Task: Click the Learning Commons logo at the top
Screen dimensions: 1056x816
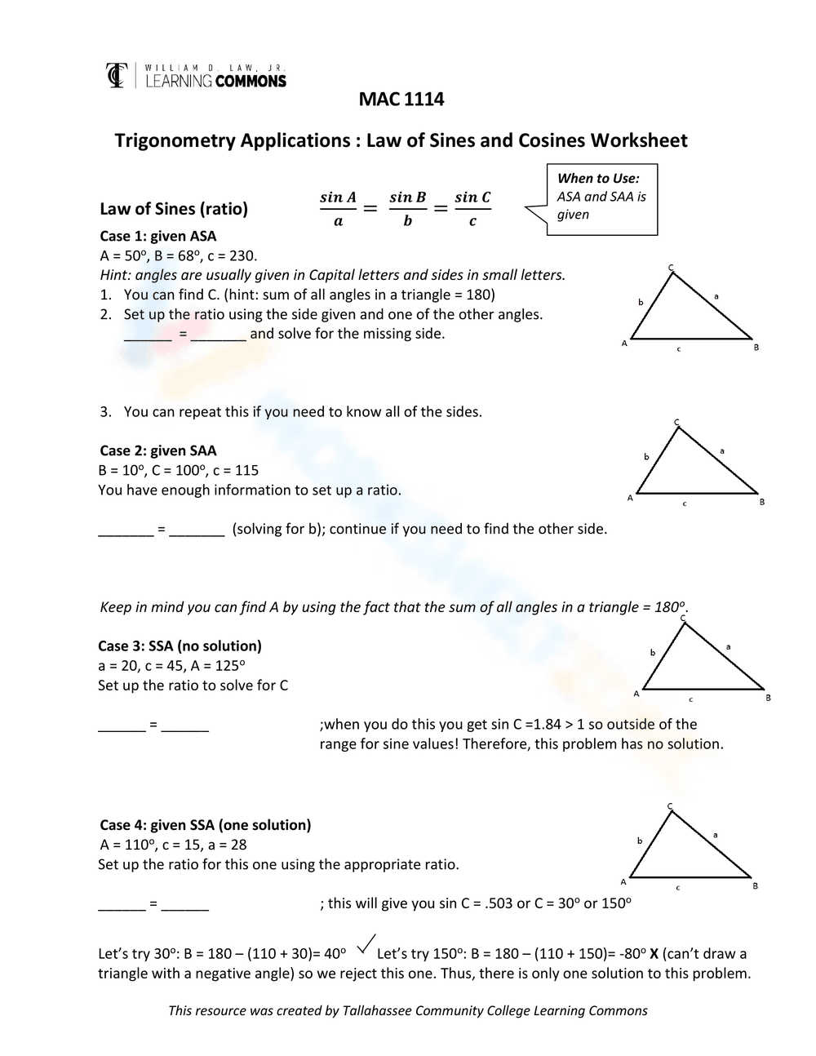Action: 196,75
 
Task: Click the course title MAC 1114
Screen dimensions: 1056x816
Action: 401,100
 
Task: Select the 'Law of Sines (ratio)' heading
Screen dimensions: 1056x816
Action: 173,209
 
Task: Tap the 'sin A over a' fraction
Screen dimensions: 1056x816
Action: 338,209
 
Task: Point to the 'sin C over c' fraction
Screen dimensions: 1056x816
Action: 472,209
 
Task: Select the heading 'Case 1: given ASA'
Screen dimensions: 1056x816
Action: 158,237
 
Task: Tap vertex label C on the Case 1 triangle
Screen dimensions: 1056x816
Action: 671,268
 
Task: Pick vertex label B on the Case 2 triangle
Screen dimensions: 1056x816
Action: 762,502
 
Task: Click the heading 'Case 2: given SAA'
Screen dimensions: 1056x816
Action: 158,451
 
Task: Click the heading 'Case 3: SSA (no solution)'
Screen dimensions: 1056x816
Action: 180,646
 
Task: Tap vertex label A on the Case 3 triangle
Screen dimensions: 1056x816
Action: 636,694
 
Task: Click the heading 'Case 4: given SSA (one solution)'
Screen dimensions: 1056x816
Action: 205,825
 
